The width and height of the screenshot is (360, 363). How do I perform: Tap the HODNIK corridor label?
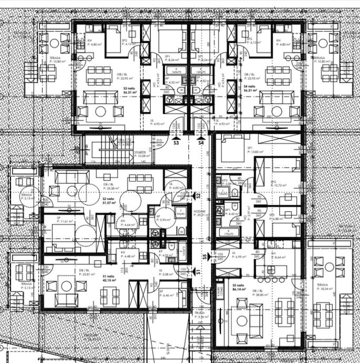point(199,213)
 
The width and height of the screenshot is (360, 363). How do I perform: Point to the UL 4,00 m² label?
point(176,186)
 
